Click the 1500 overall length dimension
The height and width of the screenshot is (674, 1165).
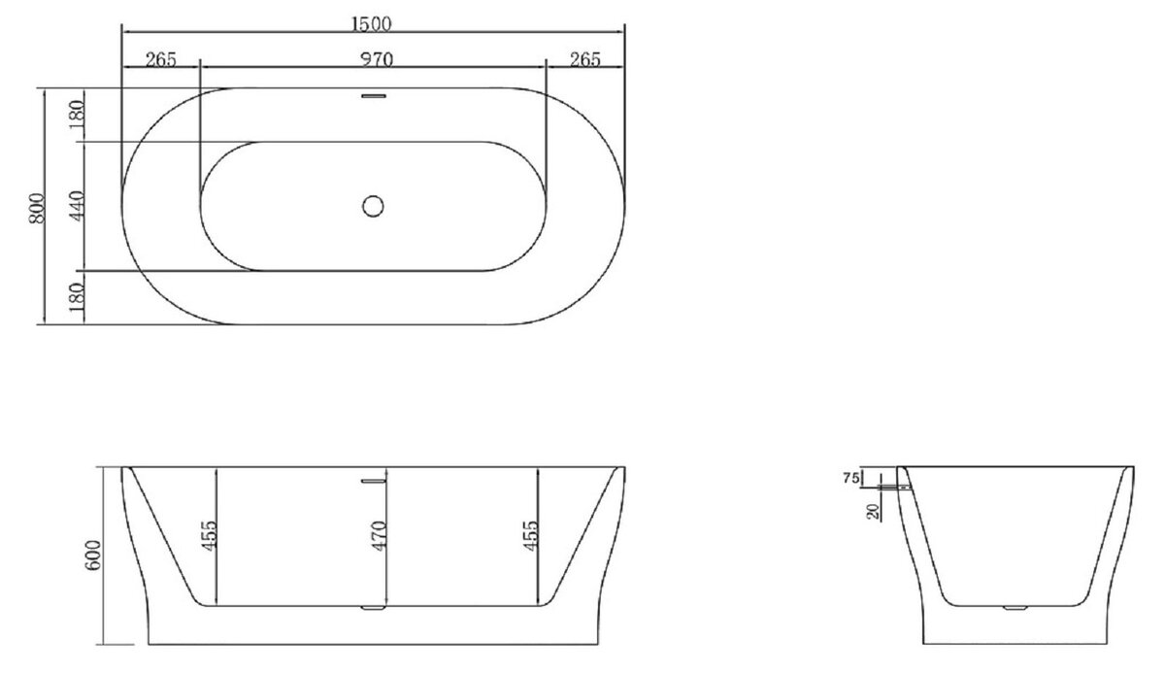[x=371, y=24]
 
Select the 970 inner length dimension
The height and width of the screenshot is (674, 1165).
[x=377, y=60]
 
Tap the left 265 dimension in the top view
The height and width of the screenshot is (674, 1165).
[x=161, y=60]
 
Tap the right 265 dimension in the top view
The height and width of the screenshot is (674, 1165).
[x=585, y=60]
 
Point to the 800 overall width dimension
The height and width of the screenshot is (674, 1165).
[x=37, y=208]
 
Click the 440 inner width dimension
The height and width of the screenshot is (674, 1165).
[x=77, y=206]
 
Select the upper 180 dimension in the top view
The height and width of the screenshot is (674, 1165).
[x=77, y=116]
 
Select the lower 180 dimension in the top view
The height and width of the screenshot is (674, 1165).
[x=77, y=296]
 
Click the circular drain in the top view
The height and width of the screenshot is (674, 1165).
[x=373, y=206]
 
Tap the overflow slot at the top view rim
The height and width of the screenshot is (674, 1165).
[x=374, y=96]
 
